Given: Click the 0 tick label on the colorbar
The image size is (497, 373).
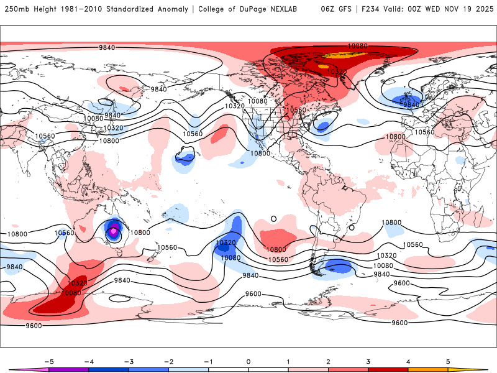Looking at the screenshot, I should coord(248,361).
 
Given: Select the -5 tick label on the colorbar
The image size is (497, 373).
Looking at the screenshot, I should coord(49,361).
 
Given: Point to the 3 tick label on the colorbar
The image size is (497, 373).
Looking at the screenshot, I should coord(368,361).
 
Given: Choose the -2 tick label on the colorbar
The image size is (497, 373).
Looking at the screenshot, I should coord(169,361).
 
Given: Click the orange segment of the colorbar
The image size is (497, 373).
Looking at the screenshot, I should coord(427,369).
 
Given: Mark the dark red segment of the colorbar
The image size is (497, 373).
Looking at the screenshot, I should coord(388,369).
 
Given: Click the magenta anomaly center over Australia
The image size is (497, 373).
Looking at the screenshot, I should coord(114,232).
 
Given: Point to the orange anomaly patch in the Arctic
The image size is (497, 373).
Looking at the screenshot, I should coord(339,55).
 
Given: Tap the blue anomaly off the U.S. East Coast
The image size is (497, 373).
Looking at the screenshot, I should coord(322,126).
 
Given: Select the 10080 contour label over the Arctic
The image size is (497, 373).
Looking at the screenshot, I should coord(357,46).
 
